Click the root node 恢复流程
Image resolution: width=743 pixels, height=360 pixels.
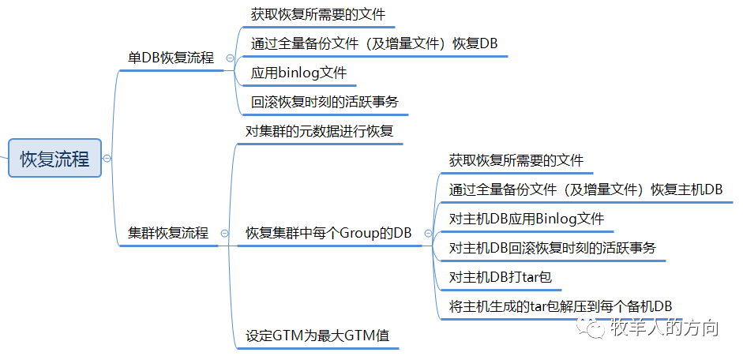pos(54,159)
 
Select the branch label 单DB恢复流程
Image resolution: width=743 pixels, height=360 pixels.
pos(171,58)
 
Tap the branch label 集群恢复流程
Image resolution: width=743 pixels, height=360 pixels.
pos(168,233)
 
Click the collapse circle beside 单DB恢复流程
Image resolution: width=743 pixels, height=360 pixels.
pos(230,58)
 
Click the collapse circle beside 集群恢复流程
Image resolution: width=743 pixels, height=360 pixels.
pos(225,234)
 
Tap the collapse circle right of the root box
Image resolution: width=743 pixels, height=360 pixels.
pos(107,159)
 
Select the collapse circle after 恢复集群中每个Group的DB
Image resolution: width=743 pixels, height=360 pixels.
pos(429,234)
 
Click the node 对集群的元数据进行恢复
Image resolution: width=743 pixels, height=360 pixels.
pos(319,131)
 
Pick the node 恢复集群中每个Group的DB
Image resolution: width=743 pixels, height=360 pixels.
pos(328,233)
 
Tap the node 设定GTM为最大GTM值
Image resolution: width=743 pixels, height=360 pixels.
pos(317,335)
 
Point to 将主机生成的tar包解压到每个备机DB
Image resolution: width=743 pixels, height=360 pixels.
pos(560,306)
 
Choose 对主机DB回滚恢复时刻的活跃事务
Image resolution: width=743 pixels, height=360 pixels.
pos(552,248)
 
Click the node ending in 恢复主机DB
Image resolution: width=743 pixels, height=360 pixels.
pos(585,189)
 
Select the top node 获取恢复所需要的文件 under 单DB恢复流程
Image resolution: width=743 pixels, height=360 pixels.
pos(318,14)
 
